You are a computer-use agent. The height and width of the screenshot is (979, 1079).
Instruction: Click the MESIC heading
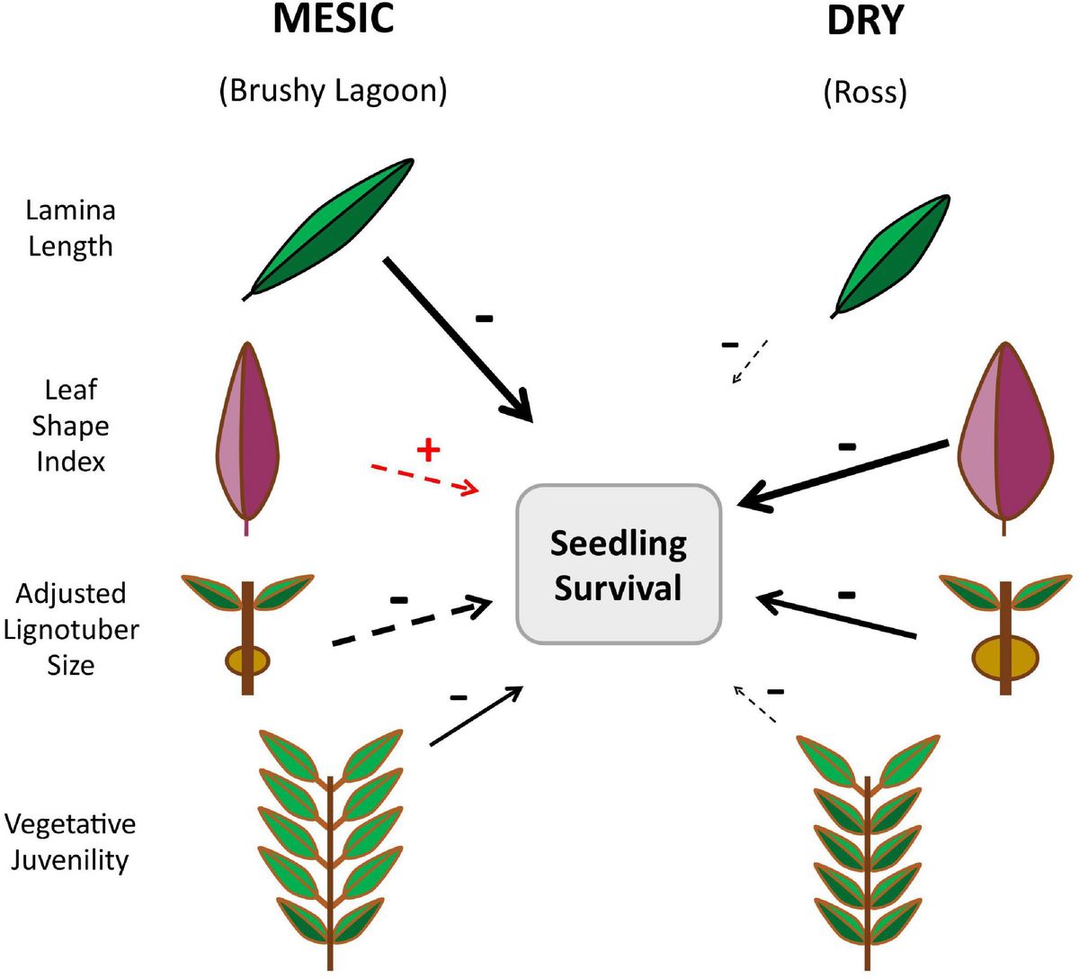click(334, 19)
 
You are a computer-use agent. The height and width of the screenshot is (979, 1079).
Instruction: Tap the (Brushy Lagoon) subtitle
click(333, 91)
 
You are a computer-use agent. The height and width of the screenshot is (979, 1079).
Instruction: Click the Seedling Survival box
click(619, 565)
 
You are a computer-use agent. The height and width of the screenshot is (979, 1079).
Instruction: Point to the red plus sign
click(428, 449)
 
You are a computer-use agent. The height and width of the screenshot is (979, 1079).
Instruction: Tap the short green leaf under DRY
click(890, 256)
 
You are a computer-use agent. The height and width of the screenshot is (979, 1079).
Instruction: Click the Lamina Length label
click(70, 229)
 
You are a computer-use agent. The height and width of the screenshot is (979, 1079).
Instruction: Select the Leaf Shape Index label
click(70, 426)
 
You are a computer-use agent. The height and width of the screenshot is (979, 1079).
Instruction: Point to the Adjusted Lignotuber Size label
click(70, 629)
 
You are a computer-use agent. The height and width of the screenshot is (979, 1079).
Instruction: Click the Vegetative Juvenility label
click(70, 841)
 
